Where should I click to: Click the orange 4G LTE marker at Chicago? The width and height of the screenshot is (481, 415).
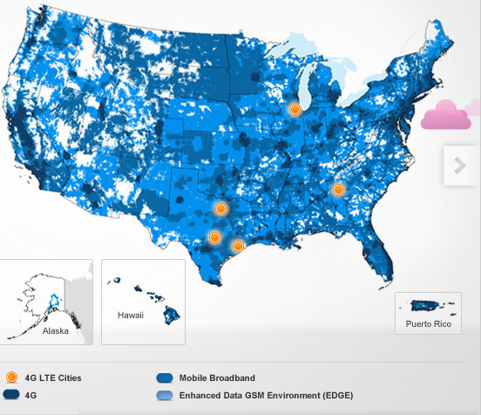pos(295,109)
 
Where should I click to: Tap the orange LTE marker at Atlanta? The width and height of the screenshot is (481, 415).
pos(338,189)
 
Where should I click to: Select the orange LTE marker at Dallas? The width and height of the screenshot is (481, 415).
pos(220,208)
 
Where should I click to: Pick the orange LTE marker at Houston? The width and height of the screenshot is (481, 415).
pos(237,246)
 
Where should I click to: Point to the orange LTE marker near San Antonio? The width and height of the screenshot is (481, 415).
pos(213,237)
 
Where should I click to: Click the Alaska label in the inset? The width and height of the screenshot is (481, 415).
pos(55,331)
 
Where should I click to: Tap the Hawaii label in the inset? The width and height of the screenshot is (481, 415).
pos(129,315)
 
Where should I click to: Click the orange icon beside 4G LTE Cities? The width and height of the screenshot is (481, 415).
pos(11,378)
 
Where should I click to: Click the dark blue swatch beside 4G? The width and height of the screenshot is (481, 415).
pos(11,396)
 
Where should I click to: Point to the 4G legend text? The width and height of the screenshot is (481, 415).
pos(30,396)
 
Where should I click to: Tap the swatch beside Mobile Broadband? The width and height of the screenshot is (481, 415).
pos(164,378)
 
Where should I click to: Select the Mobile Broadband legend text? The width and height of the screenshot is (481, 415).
pos(217,378)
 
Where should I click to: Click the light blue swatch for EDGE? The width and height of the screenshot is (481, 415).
pos(164,396)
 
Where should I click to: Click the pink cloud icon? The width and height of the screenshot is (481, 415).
pos(450,115)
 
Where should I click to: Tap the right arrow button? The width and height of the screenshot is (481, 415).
pos(460,166)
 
